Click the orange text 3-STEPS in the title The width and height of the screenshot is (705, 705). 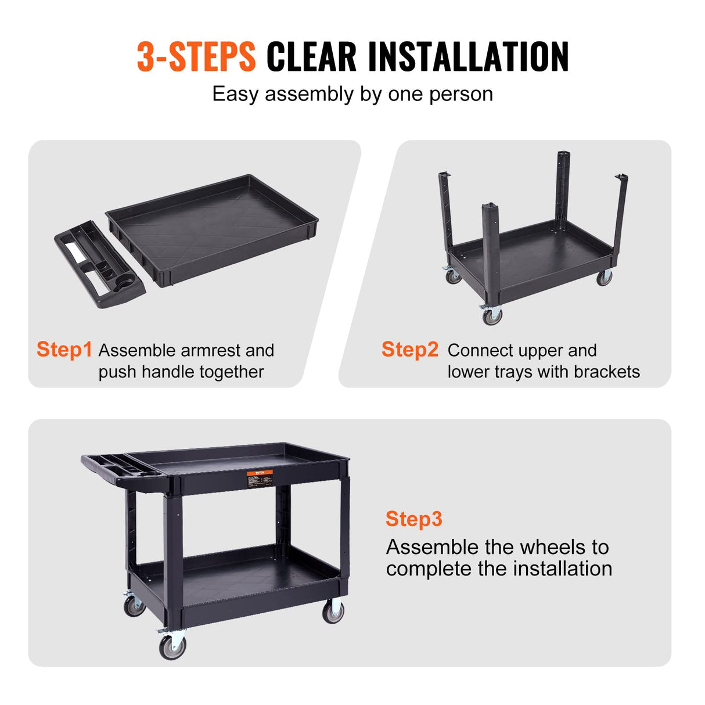point(196,57)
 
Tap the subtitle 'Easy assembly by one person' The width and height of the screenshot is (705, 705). point(352,94)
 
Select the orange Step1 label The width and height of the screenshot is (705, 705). point(64,350)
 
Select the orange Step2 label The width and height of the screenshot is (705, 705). point(409,350)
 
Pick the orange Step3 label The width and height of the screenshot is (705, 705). point(413,519)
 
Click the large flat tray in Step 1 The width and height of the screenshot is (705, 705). point(212,229)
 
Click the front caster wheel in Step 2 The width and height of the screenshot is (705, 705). point(492,316)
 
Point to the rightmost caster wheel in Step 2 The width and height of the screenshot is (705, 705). point(604,278)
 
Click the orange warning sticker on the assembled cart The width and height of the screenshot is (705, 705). point(260,479)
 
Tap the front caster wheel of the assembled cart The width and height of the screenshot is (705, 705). point(172,646)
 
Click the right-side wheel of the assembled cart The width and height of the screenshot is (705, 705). point(333,612)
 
